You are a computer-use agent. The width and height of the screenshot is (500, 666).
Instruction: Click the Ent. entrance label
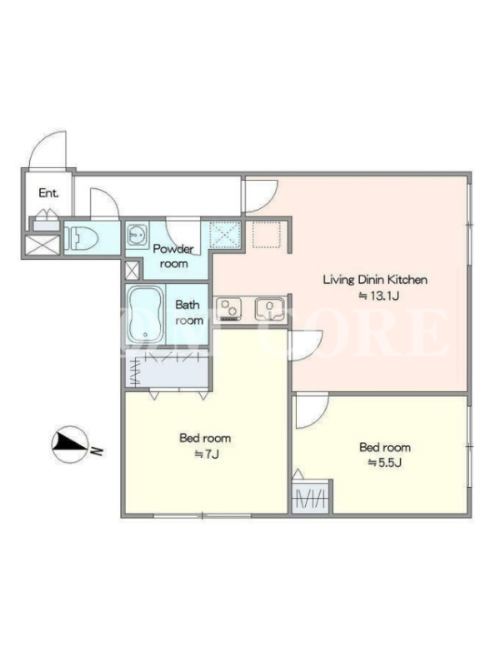(48, 193)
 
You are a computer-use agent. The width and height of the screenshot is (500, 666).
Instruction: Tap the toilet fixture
(81, 238)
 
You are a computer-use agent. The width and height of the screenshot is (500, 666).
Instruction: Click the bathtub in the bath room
(145, 315)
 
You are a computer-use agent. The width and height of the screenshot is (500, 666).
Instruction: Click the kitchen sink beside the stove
(269, 309)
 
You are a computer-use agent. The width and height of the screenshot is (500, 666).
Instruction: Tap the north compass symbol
(70, 445)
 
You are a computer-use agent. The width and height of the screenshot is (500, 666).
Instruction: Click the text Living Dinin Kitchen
(375, 280)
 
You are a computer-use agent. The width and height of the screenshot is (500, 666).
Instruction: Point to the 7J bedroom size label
(206, 454)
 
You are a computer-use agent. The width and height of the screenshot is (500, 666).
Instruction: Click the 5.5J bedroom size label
(384, 463)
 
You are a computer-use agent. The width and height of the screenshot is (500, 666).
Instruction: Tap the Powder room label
(173, 256)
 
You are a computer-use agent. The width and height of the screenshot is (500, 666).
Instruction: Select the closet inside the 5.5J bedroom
(312, 497)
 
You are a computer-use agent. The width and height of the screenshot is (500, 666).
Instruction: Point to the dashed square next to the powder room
(266, 234)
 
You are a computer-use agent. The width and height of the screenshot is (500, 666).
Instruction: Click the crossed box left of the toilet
(42, 246)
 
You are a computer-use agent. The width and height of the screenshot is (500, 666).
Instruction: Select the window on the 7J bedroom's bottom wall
(202, 516)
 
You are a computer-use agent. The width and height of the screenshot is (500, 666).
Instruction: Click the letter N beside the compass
(97, 450)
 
